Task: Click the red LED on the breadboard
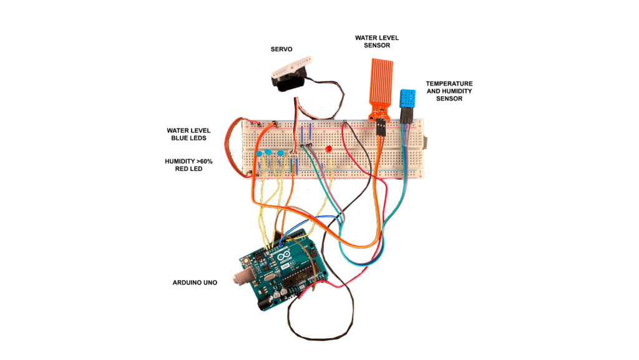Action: click(x=328, y=150)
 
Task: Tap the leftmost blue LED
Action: click(x=258, y=153)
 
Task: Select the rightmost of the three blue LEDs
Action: click(x=281, y=153)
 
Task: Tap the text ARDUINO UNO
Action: click(x=195, y=283)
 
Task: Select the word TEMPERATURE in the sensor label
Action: click(x=449, y=84)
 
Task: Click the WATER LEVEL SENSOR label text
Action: click(x=376, y=42)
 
